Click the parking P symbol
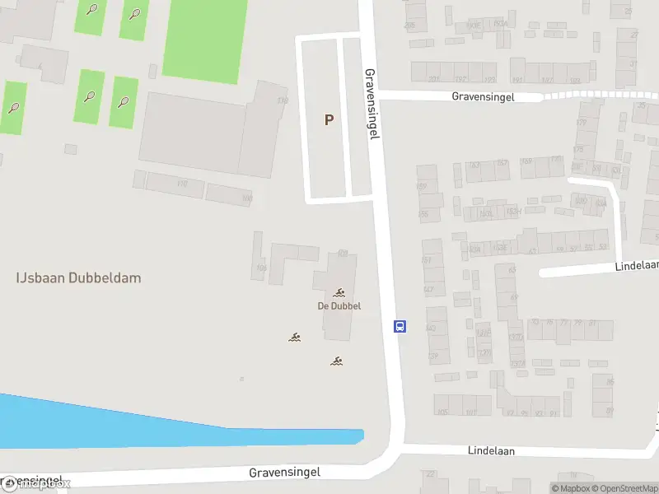tap(329, 119)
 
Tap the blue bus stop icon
tap(400, 326)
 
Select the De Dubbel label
tap(339, 306)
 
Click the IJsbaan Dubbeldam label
tap(78, 277)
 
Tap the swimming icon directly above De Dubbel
tap(339, 293)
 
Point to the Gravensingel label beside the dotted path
tap(483, 96)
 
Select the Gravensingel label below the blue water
tap(284, 473)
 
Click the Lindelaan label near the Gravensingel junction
tap(491, 451)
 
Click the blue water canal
tap(124, 424)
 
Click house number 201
tap(434, 80)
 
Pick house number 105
tap(442, 412)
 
